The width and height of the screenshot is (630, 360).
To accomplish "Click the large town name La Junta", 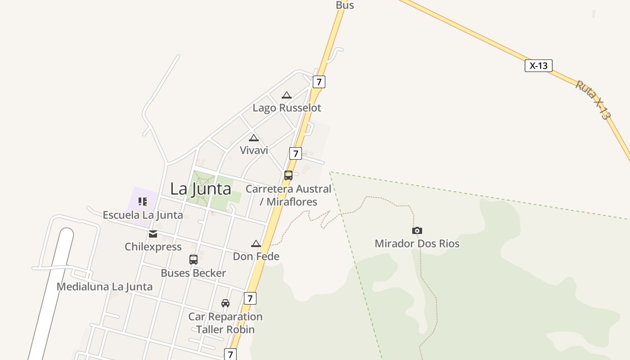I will pos(200,189).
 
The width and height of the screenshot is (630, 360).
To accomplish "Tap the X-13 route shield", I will pos(538,66).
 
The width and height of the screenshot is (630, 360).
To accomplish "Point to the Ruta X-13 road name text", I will pos(593,100).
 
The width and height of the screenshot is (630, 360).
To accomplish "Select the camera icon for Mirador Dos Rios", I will pos(417,231).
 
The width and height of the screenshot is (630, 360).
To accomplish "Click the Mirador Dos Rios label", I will pos(417,244).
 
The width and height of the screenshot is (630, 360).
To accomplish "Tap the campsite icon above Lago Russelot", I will pos(287,95).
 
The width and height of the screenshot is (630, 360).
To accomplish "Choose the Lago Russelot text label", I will pos(287,108).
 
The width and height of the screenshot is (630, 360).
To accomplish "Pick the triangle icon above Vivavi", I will pos(254,138).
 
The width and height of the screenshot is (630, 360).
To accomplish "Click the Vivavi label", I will pos(254,150).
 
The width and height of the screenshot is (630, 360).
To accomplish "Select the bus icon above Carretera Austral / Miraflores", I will pos(288,175).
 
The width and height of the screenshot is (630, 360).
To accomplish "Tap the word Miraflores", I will pos(292,202).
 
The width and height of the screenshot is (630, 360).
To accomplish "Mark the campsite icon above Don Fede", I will pos(256,244).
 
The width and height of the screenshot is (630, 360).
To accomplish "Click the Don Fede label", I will pos(256,256).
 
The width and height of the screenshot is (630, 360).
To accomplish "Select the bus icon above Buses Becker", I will pos(193,260).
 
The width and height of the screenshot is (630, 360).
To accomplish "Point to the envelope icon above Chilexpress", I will pos(153,234).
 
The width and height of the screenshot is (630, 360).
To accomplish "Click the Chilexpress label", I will pos(153,247).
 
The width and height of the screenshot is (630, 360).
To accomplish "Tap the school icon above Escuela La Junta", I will pos(143,202).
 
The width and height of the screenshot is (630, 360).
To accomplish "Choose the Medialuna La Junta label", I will pos(104,287).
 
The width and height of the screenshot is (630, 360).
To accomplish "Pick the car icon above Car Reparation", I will pos(225,303).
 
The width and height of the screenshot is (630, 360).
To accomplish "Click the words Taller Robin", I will pos(225,329).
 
